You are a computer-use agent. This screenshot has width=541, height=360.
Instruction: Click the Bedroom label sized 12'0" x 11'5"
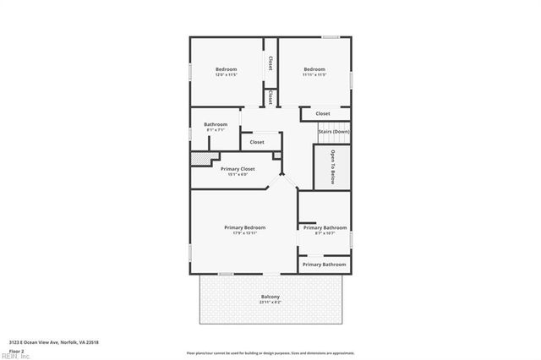click(226, 69)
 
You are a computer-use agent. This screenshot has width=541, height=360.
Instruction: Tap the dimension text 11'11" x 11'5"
click(314, 75)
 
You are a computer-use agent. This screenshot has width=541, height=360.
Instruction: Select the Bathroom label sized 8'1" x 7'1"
click(216, 124)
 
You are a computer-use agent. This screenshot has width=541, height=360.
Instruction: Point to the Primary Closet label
click(238, 169)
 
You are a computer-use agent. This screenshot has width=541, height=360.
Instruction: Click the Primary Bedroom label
click(244, 227)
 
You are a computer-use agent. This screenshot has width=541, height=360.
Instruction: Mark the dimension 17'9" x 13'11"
click(244, 233)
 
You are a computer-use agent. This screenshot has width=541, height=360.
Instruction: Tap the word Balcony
click(270, 297)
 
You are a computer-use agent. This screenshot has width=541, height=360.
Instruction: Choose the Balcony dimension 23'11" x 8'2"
click(270, 302)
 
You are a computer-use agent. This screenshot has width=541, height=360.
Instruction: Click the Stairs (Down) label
click(333, 132)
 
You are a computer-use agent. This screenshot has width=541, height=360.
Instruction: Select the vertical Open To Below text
click(333, 165)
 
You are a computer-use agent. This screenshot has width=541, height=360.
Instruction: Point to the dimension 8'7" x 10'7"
click(325, 233)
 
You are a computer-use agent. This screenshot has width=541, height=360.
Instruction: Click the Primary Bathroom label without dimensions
click(325, 265)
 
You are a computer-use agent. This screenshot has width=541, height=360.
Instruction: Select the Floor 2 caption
click(17, 350)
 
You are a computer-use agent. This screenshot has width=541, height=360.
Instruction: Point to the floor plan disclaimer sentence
click(270, 352)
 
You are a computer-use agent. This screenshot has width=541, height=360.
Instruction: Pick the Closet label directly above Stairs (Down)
click(323, 113)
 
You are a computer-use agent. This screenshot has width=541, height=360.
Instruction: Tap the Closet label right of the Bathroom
click(257, 142)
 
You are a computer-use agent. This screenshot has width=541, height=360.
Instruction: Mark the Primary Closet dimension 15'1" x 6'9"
click(238, 175)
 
